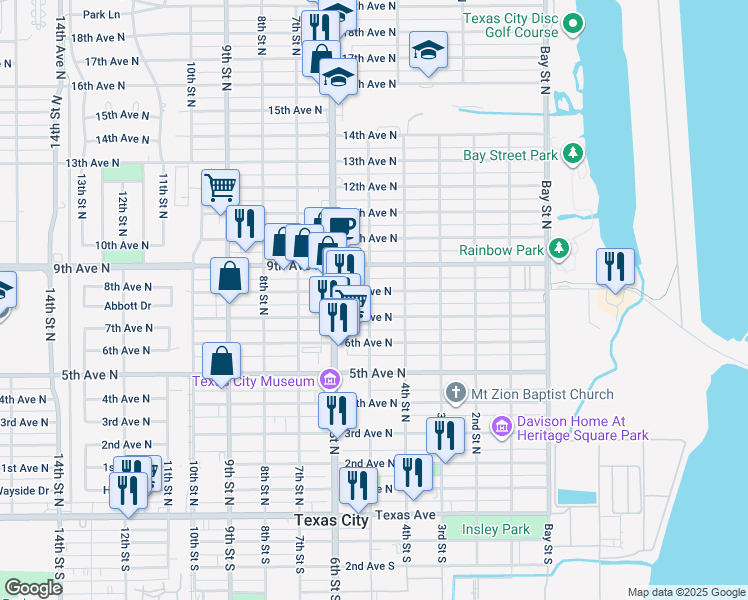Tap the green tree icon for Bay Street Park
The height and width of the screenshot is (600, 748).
pos(573,154)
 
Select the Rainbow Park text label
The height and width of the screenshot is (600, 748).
pos(500,249)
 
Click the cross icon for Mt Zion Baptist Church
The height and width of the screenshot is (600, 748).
pos(455,394)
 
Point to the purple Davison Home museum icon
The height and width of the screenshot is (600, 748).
pos(501,427)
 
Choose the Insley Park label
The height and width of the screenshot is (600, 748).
pos(495,528)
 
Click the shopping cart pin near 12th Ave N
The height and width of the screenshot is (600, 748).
pos(220,187)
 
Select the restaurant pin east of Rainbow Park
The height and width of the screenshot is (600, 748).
pos(614,266)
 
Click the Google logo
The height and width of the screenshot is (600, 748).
pos(32,588)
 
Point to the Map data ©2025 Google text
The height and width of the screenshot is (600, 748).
pos(686,592)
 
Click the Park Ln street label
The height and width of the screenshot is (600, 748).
pos(101,14)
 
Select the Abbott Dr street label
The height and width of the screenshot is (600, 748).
pos(127,306)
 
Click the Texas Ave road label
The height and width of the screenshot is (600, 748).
pos(405,515)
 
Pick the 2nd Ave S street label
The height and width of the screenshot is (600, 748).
pos(370,565)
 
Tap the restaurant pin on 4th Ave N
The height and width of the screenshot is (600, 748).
pos(337,410)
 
